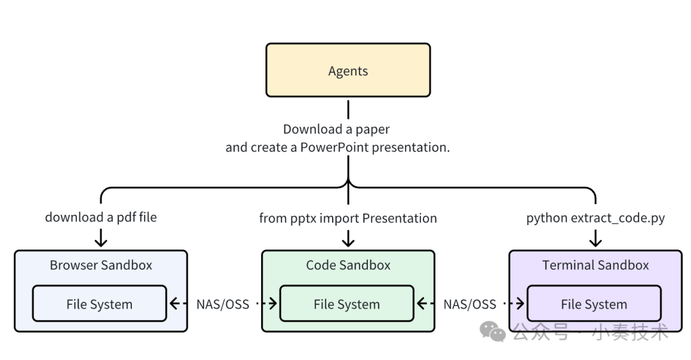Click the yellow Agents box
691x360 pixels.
coord(348,70)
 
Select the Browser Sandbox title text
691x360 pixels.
coord(101,265)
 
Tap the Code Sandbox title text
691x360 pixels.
coord(348,265)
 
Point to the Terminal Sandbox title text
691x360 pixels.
coord(595,265)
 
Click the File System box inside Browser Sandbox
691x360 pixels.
coord(99,304)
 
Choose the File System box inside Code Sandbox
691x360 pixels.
coord(347,304)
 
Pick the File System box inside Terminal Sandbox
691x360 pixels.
coord(594,304)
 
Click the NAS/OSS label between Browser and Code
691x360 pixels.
coord(223,304)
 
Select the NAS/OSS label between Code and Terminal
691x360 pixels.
coord(470,304)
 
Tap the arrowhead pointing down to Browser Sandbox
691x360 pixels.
coord(101,242)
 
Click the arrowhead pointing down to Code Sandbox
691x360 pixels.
coord(348,242)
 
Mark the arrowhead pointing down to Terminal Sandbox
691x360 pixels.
coord(596,242)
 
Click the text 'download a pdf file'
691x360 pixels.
coord(101,217)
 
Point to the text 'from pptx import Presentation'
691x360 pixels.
coord(348,218)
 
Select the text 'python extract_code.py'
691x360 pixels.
coord(596,218)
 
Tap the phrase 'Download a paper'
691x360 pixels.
coord(337,129)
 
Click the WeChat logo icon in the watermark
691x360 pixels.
coord(493,332)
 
